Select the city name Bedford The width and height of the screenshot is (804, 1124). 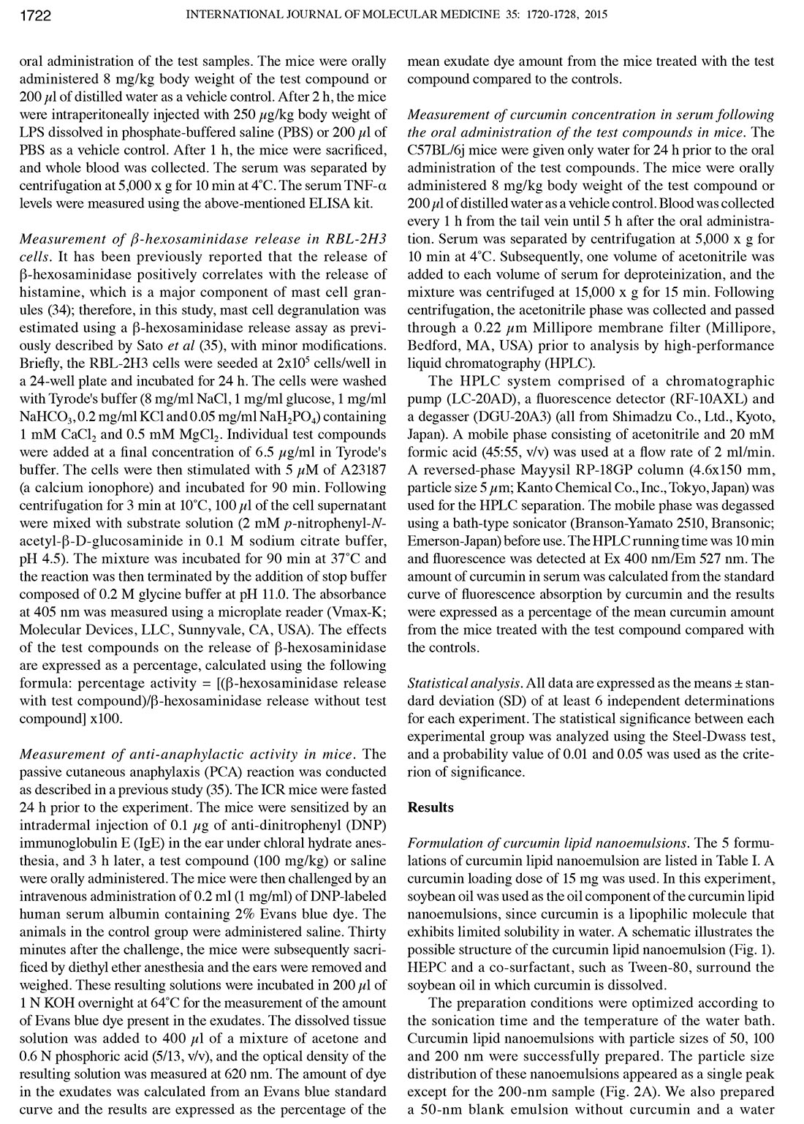pos(433,345)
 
